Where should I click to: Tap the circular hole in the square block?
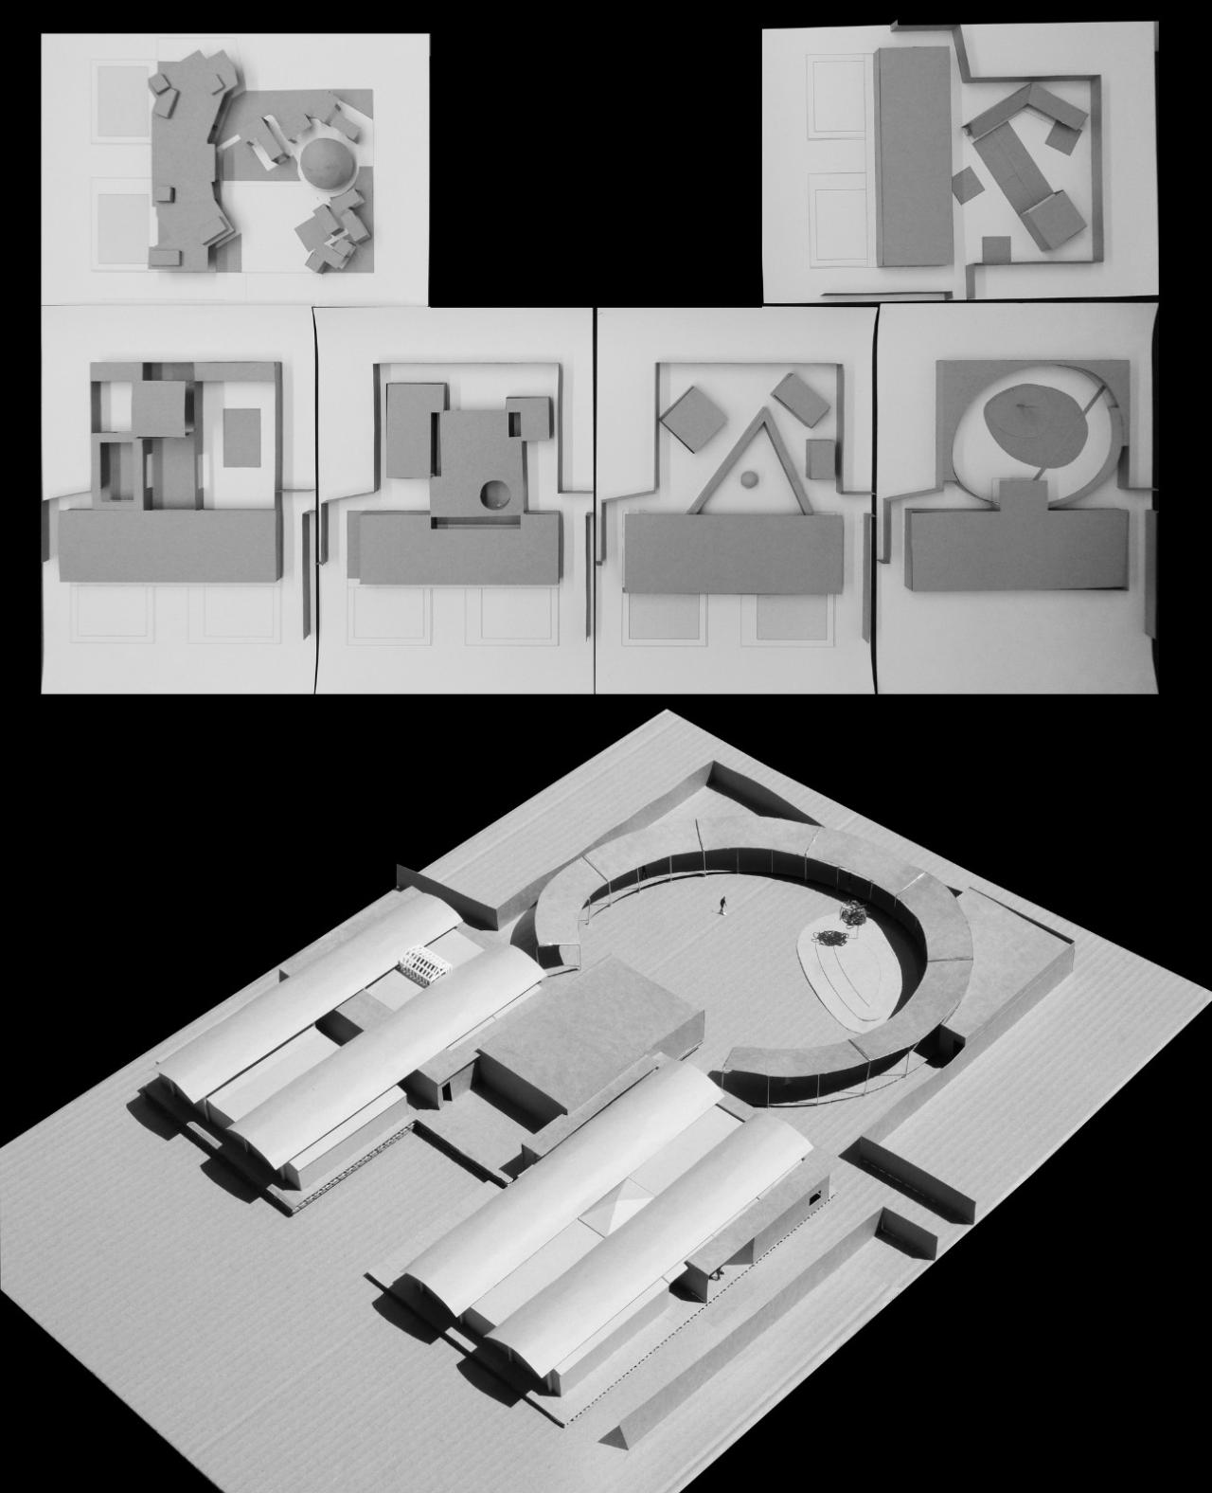[x=493, y=495]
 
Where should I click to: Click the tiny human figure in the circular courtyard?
[x=722, y=907]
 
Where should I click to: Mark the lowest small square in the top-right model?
[x=996, y=250]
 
